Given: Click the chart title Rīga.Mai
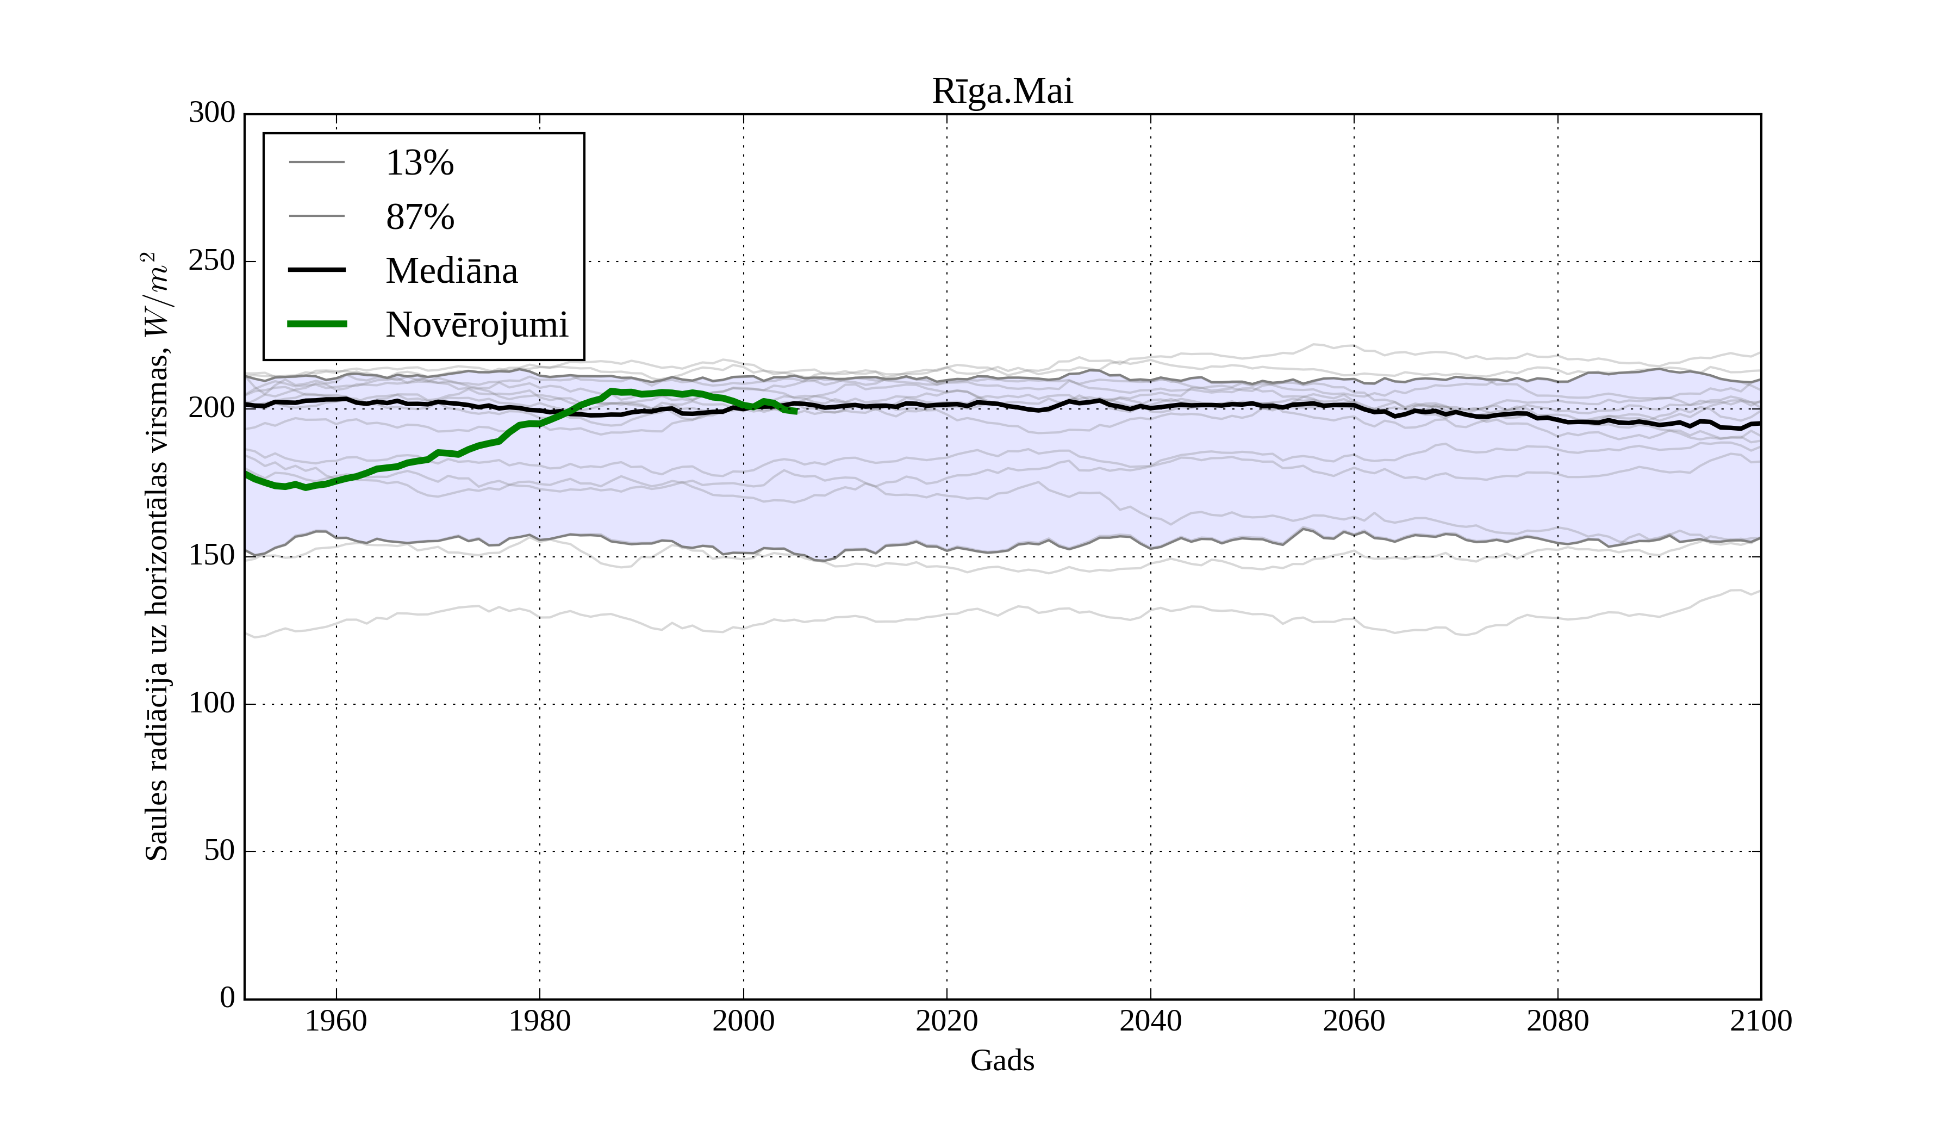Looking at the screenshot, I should click(x=1002, y=92).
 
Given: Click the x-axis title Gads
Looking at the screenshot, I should click(x=1002, y=1060).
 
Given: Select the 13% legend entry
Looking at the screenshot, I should click(x=419, y=163).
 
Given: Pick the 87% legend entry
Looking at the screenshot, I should click(x=419, y=217).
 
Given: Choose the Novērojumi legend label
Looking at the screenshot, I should click(x=477, y=325).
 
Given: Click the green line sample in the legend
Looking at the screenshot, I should click(x=317, y=324).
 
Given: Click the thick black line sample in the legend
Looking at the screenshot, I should click(x=317, y=270).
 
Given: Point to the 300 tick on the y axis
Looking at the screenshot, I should click(x=212, y=113).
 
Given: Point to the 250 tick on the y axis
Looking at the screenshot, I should click(x=212, y=260).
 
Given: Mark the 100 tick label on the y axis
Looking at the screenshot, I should click(x=212, y=703).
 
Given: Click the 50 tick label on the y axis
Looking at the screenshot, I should click(x=219, y=851).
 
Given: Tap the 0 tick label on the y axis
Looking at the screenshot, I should click(x=228, y=997).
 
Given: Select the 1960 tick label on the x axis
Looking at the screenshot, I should click(x=336, y=1021).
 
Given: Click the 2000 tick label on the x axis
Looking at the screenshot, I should click(x=743, y=1021).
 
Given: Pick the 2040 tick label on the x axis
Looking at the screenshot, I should click(x=1150, y=1021).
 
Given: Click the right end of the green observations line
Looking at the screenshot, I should click(x=796, y=412).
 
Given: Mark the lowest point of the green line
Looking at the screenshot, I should click(x=306, y=488).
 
